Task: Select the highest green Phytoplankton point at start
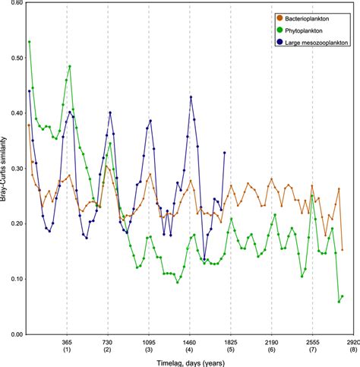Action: point(29,42)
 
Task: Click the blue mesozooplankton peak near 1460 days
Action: point(191,97)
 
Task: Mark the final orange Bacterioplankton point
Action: point(343,249)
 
